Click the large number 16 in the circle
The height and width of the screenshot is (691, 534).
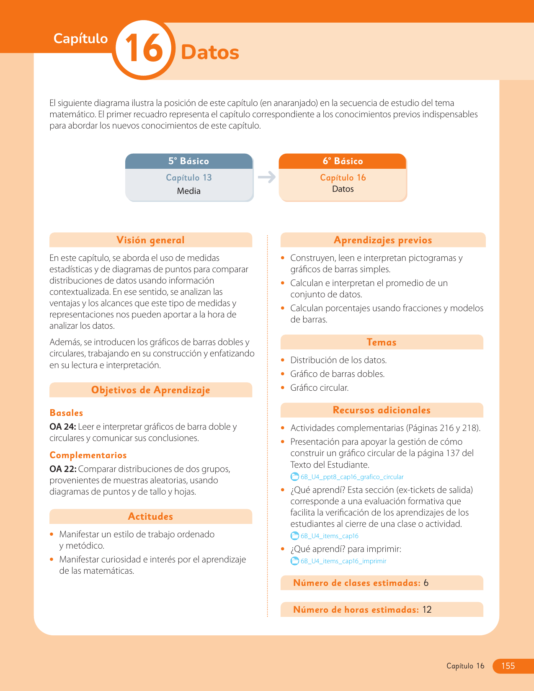click(x=144, y=49)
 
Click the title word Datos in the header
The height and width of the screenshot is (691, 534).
click(x=210, y=52)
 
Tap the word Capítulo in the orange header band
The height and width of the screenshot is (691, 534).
click(x=80, y=39)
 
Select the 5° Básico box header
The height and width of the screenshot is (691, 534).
click(x=188, y=161)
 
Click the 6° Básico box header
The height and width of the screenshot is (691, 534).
click(x=343, y=161)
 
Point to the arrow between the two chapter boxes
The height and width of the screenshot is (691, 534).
click(x=266, y=177)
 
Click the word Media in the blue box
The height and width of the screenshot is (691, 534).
click(x=188, y=191)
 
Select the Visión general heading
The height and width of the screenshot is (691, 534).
click(x=150, y=240)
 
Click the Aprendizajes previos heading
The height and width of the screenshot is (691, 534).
click(x=382, y=240)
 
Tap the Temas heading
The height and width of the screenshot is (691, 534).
click(x=381, y=342)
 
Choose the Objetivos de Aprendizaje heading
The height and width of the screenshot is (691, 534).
click(x=150, y=390)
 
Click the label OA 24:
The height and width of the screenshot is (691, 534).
click(x=63, y=427)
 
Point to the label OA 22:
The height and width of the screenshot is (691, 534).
click(x=63, y=469)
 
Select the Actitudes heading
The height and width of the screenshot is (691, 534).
click(x=150, y=516)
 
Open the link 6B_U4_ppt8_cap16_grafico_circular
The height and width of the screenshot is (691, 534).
click(x=352, y=477)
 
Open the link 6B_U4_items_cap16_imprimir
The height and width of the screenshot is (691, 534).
click(x=343, y=561)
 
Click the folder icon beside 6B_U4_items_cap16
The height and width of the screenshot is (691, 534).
click(x=295, y=536)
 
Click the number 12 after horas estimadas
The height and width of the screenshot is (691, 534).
click(x=427, y=610)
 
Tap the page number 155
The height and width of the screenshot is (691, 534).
click(x=508, y=666)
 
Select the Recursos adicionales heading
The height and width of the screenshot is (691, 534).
click(x=381, y=410)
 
